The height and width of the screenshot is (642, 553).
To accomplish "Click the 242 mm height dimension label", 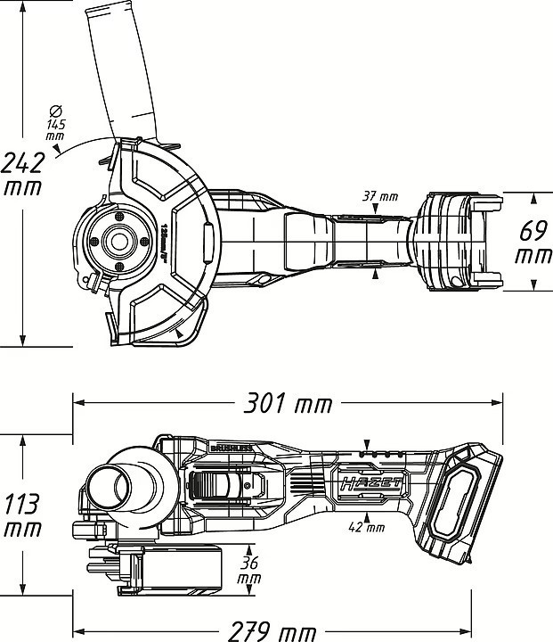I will [x=24, y=175].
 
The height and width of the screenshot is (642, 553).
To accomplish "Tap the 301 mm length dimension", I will [x=287, y=404].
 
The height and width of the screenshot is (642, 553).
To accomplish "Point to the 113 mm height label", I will [x=20, y=515].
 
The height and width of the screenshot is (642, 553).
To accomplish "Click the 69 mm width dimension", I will [x=533, y=243].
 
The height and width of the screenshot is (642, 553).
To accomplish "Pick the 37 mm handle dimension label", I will [x=380, y=195].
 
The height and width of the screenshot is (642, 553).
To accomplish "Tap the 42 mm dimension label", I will [x=367, y=527].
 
